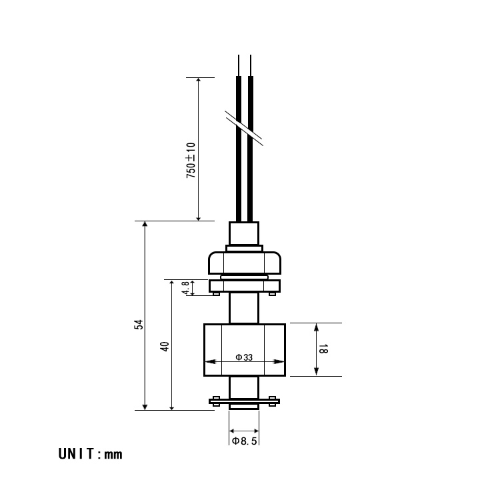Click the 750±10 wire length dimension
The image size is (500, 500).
coord(191,161)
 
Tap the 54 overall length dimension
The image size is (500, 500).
coord(139,324)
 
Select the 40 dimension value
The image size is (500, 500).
coord(165,346)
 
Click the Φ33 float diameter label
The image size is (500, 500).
coord(244,357)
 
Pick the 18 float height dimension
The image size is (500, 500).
coord(323,349)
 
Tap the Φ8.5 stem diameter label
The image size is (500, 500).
coord(244,441)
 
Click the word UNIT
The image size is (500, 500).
coord(76,454)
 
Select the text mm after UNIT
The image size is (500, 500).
coord(113,455)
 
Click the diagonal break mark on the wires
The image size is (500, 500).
coord(244,128)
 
